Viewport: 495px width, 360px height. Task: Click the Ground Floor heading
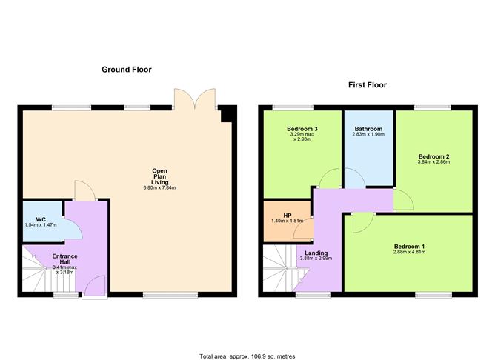pos(127,70)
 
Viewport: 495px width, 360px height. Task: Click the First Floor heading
pos(368,85)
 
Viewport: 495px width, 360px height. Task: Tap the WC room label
pos(41,219)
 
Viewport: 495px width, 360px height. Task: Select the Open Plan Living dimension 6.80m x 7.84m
pos(159,187)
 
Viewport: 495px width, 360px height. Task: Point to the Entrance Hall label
pos(64,259)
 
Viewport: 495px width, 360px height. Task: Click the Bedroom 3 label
pos(302,129)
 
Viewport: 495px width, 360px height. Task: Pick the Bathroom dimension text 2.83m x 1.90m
pos(368,134)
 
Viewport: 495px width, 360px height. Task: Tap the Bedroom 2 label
pos(433,156)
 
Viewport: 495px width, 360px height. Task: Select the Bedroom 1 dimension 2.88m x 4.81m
pos(409,252)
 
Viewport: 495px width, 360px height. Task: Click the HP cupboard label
pos(288,216)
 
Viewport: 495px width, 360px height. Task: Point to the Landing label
pos(316,253)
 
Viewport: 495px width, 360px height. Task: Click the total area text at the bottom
pos(247,356)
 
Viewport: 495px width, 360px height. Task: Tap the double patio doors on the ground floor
pos(195,99)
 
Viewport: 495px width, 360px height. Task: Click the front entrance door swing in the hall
pos(95,286)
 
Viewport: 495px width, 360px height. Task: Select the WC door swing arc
pos(73,228)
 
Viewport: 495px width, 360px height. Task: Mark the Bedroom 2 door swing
pos(403,199)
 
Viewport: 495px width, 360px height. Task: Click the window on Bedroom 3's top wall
pos(293,107)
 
